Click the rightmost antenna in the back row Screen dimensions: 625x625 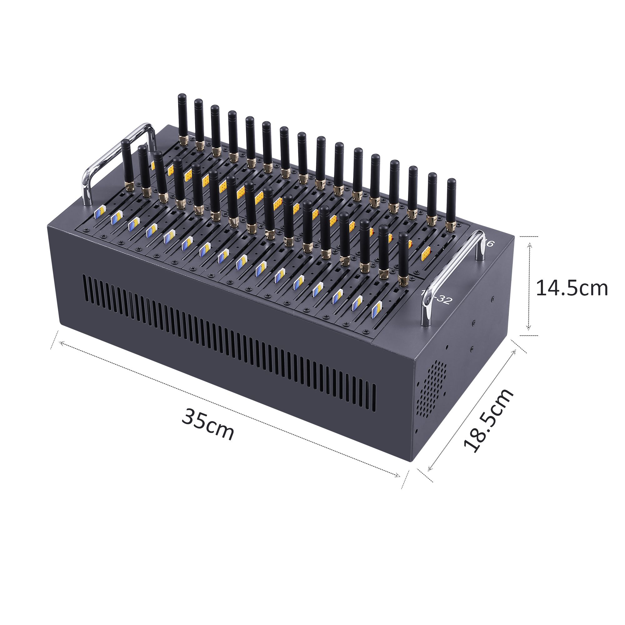[451, 201]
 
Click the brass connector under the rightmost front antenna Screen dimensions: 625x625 [403, 280]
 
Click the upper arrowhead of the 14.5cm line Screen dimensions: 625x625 [529, 246]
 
